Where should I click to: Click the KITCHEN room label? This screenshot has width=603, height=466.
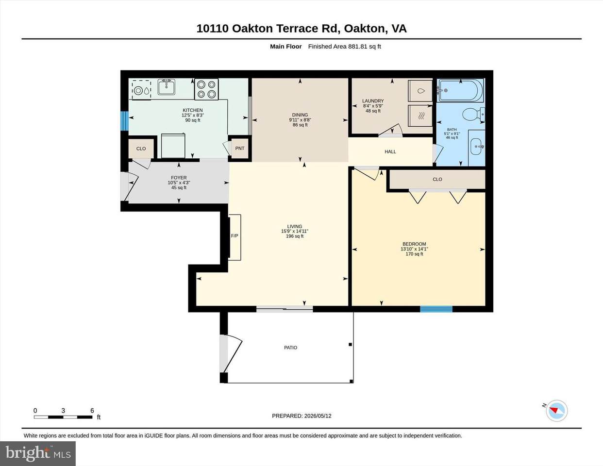click(x=193, y=110)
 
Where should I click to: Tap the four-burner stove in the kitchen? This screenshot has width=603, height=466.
click(x=206, y=89)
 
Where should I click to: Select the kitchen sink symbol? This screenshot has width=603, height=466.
click(x=167, y=87)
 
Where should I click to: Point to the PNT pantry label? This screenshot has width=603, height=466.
click(x=240, y=149)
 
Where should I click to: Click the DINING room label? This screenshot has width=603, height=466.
click(x=300, y=115)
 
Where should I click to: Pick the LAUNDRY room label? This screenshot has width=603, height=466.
click(x=373, y=101)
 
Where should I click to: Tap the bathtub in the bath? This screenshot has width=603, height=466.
click(x=460, y=90)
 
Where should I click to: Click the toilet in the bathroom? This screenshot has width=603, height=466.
click(x=473, y=114)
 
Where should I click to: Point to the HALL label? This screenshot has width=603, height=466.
click(x=390, y=152)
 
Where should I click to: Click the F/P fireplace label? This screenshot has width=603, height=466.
click(x=234, y=236)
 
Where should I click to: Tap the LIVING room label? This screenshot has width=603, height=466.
click(x=294, y=226)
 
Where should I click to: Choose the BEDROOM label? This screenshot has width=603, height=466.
click(x=414, y=244)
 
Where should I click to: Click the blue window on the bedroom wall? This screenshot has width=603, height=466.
click(x=436, y=309)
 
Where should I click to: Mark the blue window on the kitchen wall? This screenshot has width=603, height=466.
click(x=124, y=121)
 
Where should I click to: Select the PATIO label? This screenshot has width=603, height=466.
click(x=290, y=348)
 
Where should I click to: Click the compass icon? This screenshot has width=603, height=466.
click(x=557, y=411)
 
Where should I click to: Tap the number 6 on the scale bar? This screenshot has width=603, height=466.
click(x=92, y=411)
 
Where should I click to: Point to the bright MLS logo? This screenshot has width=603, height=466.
click(x=38, y=453)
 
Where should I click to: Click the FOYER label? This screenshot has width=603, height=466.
click(x=179, y=178)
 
